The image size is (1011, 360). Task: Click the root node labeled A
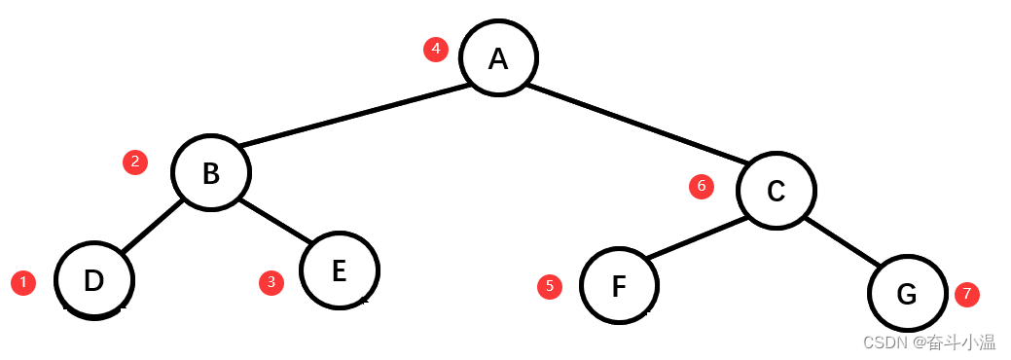point(498,58)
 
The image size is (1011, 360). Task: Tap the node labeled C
point(776,191)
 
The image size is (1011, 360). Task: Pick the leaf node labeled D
point(93,280)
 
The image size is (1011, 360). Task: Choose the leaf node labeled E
point(339,270)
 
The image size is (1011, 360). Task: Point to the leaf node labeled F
point(619,287)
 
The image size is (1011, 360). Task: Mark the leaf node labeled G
point(907,293)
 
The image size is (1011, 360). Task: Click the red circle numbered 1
point(22,283)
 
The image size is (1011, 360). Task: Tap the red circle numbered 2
point(135,162)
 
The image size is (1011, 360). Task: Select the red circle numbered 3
point(271,282)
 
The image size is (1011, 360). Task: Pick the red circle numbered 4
point(436,49)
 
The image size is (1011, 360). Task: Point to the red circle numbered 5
point(550,286)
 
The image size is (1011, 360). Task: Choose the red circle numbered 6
point(702,186)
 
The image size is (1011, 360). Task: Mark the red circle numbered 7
point(966,294)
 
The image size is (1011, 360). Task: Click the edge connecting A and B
point(355,117)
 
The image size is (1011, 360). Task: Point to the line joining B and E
point(274,220)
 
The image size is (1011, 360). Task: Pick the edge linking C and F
point(697,236)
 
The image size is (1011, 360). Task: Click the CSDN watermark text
point(929,342)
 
